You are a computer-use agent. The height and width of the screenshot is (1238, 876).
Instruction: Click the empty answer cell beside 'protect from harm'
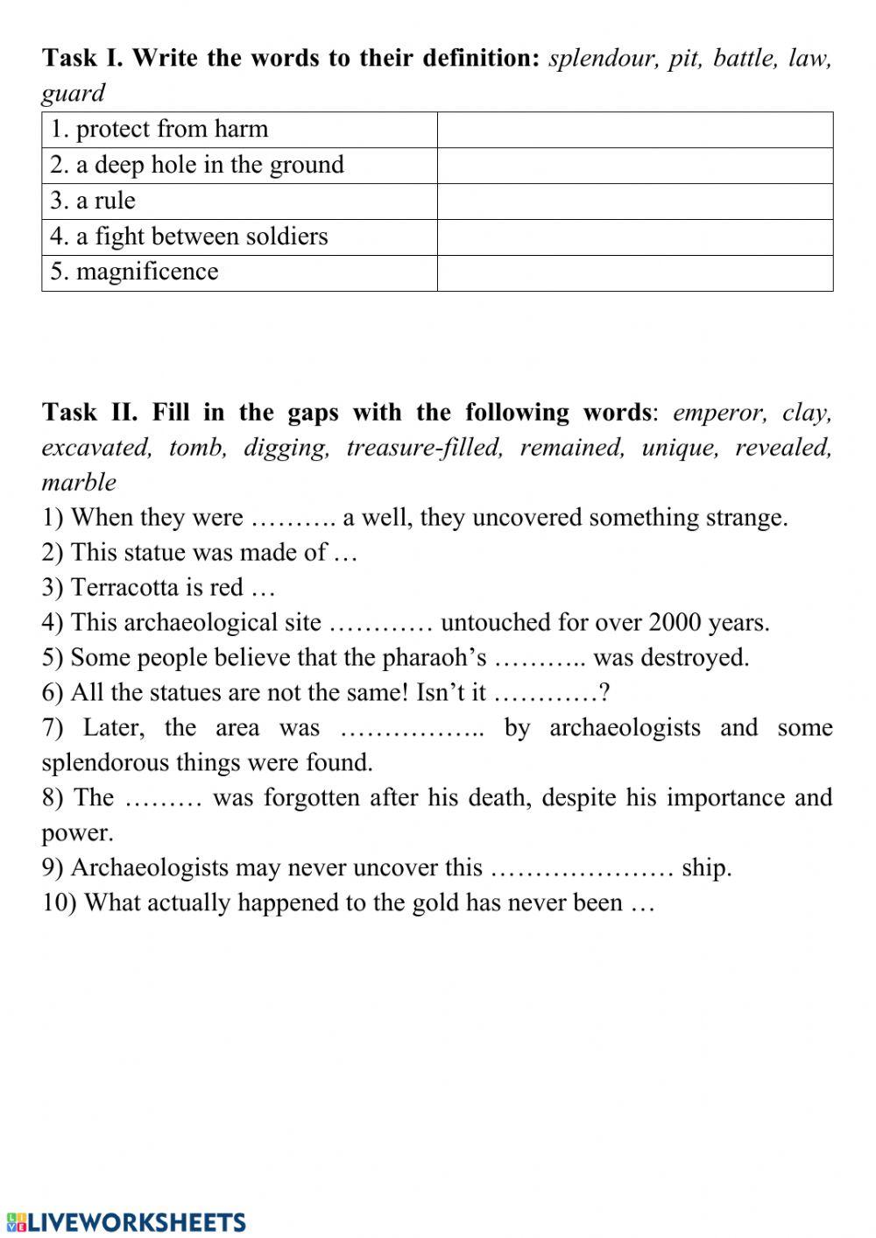pyautogui.click(x=634, y=130)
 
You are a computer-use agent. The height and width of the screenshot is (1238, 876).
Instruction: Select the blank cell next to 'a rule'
pyautogui.click(x=634, y=201)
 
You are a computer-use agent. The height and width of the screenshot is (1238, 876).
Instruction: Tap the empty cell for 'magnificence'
pyautogui.click(x=634, y=272)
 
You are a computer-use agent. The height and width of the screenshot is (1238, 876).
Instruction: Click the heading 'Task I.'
pyautogui.click(x=83, y=58)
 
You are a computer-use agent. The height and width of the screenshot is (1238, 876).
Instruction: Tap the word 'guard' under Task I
pyautogui.click(x=73, y=93)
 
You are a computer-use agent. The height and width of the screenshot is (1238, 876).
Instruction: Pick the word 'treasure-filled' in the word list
pyautogui.click(x=425, y=448)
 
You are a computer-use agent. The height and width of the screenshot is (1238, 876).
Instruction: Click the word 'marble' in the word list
pyautogui.click(x=79, y=482)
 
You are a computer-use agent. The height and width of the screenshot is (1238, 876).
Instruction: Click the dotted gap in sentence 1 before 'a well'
pyautogui.click(x=293, y=519)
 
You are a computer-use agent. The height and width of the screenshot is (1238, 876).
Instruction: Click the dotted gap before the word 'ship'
pyautogui.click(x=582, y=869)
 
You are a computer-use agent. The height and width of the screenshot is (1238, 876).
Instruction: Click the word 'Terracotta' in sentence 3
pyautogui.click(x=127, y=587)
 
